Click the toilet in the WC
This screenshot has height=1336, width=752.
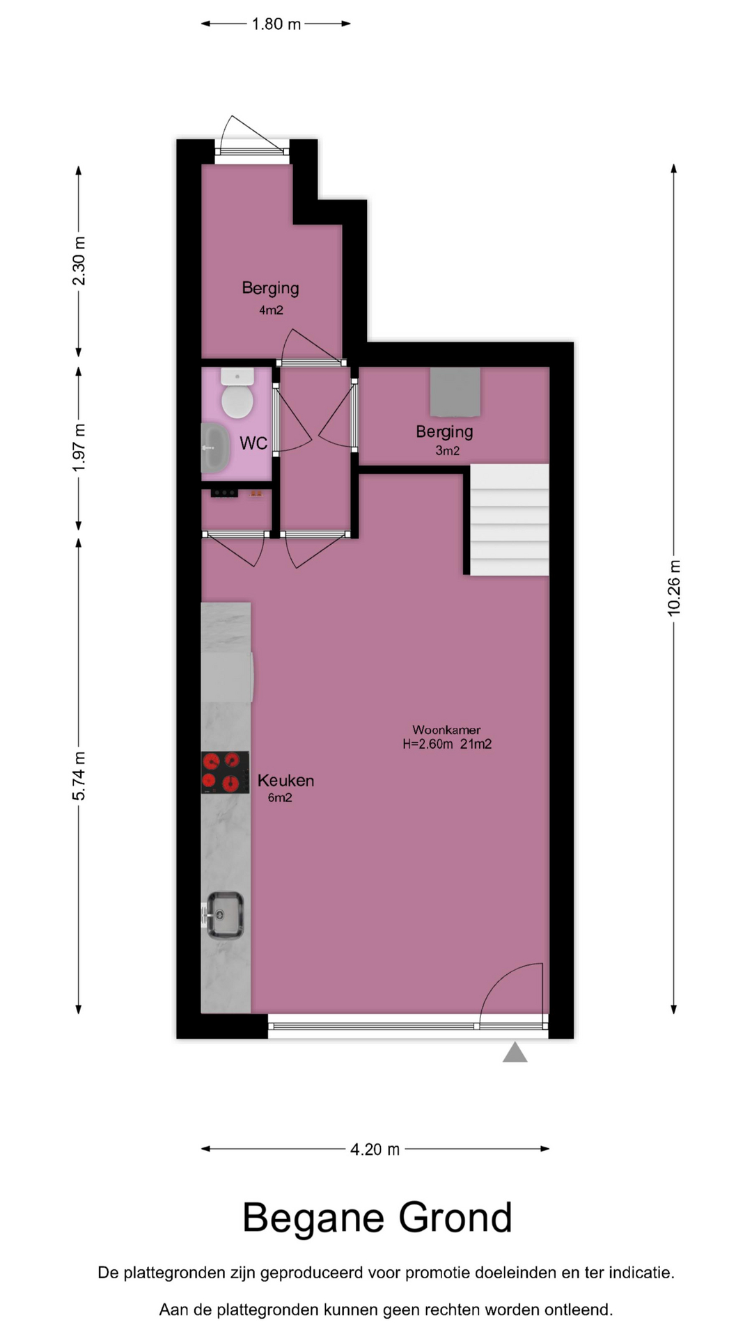tap(237, 393)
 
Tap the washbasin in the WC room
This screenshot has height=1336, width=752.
tap(216, 447)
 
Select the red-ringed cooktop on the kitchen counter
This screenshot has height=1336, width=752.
tap(225, 772)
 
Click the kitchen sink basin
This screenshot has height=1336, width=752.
tap(225, 915)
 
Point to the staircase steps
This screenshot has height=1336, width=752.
tap(510, 520)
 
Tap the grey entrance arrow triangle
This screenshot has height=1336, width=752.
tap(515, 1052)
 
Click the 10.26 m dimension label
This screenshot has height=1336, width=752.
tap(674, 587)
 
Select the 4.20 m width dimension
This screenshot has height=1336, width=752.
tap(375, 1149)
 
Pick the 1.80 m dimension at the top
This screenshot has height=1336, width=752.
tap(276, 24)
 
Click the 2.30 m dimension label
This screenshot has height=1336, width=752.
tap(79, 261)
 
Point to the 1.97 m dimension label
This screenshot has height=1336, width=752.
tap(79, 447)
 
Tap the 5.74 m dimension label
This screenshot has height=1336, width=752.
tap(79, 776)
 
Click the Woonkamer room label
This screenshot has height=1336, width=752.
tap(446, 730)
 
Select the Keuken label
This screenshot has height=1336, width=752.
tap(285, 781)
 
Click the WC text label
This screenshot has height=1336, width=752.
tap(253, 443)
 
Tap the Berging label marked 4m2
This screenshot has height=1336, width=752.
tap(270, 288)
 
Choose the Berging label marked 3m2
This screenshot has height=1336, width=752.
tap(444, 431)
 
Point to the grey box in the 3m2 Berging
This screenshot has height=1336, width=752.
tap(455, 392)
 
